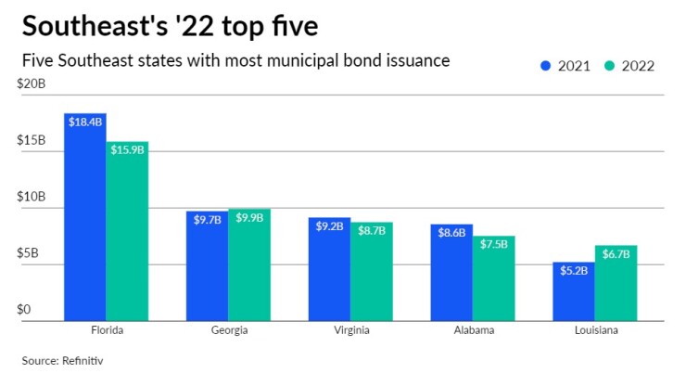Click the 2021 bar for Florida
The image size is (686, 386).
coord(84,218)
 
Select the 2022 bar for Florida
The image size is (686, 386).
coord(127,232)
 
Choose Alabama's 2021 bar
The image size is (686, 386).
coord(451,273)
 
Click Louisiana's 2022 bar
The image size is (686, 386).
coord(616,283)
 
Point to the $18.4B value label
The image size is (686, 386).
coord(84,122)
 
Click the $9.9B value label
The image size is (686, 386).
coord(248,218)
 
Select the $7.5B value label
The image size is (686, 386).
coord(493,245)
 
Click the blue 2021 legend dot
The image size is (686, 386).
coord(545,66)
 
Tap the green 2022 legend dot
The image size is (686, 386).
coord(609,66)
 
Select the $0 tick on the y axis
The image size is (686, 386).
coord(24,309)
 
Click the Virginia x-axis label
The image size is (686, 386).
coord(350,330)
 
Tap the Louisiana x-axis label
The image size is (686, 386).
coord(595,330)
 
